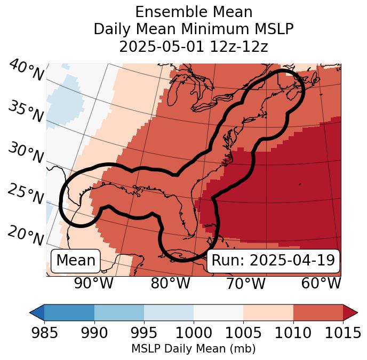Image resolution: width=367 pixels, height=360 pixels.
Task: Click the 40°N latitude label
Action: point(26,71)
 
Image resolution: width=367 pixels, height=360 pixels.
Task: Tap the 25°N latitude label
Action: point(25,194)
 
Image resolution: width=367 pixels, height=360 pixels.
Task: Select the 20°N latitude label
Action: point(25,235)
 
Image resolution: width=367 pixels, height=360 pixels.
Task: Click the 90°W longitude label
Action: point(93,283)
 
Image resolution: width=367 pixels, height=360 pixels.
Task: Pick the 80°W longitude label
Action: point(170,283)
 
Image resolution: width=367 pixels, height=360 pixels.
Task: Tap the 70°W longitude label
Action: point(245,283)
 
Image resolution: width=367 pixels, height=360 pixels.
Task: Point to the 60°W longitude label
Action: point(321,283)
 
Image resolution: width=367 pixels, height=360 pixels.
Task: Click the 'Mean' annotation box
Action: point(76,261)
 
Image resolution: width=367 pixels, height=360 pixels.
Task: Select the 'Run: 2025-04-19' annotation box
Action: point(273,261)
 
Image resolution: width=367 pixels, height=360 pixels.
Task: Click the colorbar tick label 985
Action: point(44,333)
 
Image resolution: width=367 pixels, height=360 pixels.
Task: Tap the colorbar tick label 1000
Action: point(194,333)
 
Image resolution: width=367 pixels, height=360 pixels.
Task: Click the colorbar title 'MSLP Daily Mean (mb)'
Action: point(194,349)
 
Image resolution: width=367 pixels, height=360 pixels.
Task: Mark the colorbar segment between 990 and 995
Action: point(119,312)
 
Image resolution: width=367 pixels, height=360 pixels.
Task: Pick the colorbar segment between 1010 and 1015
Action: point(318,312)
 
